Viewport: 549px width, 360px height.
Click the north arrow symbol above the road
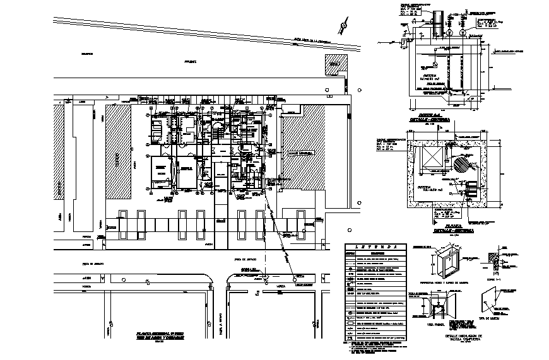(343, 26)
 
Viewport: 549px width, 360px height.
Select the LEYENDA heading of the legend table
(375, 247)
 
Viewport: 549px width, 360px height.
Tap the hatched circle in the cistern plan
(464, 165)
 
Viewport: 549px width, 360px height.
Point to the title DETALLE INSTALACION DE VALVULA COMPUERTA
(452, 338)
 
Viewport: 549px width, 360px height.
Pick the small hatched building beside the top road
(336, 64)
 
